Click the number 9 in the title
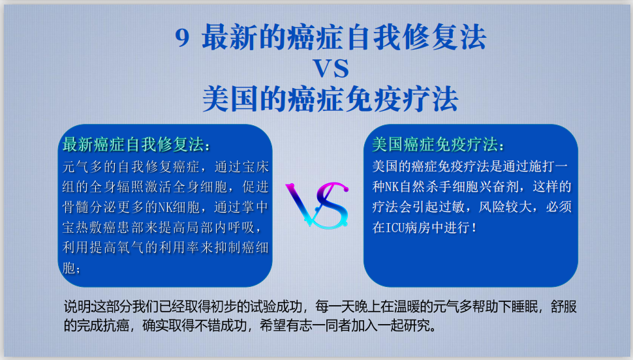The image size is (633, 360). click(x=182, y=38)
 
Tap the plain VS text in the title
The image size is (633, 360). click(x=331, y=68)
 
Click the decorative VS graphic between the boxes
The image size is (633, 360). click(x=317, y=205)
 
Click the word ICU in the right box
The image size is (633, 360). click(x=395, y=228)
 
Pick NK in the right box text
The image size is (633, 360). click(x=392, y=187)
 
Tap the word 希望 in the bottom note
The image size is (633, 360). click(x=273, y=325)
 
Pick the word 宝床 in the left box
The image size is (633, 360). click(x=255, y=167)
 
